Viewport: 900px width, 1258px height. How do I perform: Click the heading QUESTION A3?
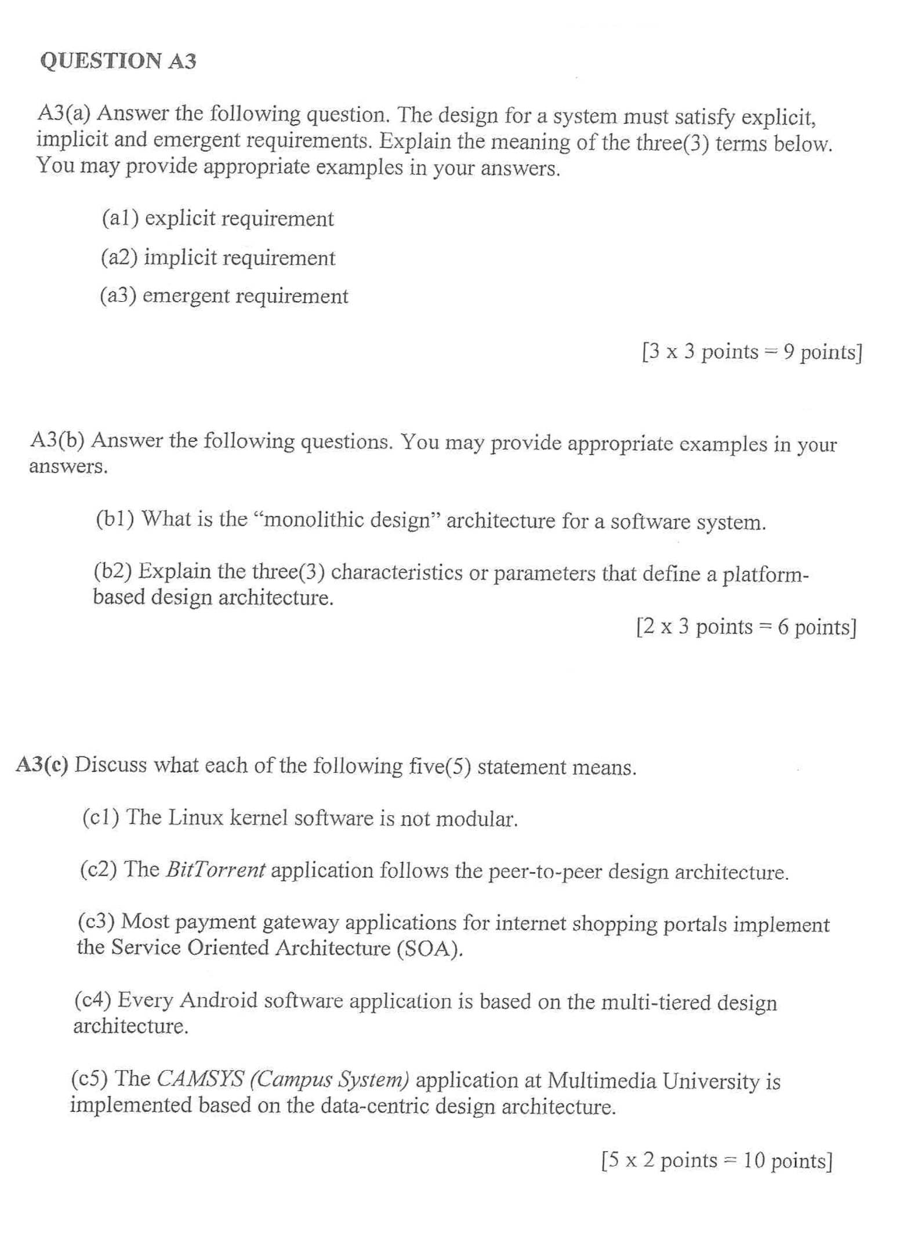click(118, 61)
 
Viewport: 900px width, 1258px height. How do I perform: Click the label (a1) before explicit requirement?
click(120, 218)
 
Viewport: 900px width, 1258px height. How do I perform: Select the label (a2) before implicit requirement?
click(119, 257)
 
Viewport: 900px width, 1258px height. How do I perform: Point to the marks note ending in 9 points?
click(752, 352)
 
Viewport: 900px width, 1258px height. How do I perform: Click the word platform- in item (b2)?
click(765, 575)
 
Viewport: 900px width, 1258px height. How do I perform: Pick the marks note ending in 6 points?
click(746, 627)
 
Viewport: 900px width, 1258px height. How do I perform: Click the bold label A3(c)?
click(42, 765)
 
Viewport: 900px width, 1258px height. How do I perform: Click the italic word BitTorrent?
click(215, 869)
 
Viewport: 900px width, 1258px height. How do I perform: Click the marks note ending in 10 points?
click(717, 1160)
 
